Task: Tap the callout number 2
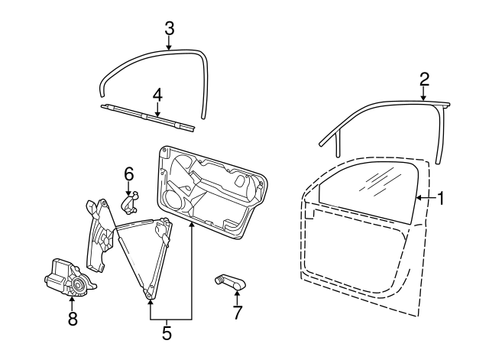424,78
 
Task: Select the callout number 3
170,28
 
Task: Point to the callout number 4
157,95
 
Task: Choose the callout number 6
128,174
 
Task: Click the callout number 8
73,319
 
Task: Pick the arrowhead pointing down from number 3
170,47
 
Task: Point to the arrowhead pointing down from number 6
129,193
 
